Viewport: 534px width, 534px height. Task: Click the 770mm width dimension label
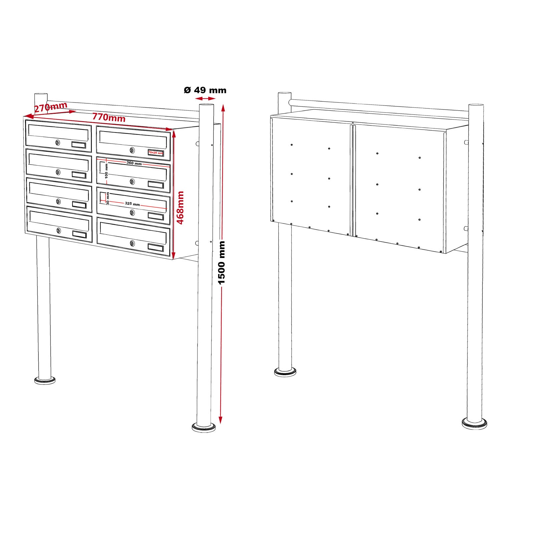coord(109,117)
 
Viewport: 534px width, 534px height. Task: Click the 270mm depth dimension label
coord(51,107)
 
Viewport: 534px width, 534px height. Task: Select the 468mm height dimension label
coord(180,208)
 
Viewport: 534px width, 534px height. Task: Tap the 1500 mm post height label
coord(222,263)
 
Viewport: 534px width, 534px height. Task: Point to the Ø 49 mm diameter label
coord(205,90)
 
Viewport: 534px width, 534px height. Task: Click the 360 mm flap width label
coord(134,163)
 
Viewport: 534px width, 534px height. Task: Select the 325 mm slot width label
coord(132,204)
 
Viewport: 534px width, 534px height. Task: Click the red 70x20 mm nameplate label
coord(156,153)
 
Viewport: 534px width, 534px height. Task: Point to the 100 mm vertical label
coord(106,171)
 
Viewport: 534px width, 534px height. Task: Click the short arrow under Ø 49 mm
coord(205,98)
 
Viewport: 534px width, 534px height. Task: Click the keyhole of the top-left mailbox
coord(58,143)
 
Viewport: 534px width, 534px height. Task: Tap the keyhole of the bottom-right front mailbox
coord(132,243)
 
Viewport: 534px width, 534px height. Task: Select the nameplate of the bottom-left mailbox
coord(79,234)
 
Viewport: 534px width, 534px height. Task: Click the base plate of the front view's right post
coord(204,427)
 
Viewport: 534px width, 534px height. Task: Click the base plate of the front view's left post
coord(45,380)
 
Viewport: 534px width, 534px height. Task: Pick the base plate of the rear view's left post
coord(285,371)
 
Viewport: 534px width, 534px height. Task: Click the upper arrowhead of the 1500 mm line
coord(223,107)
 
